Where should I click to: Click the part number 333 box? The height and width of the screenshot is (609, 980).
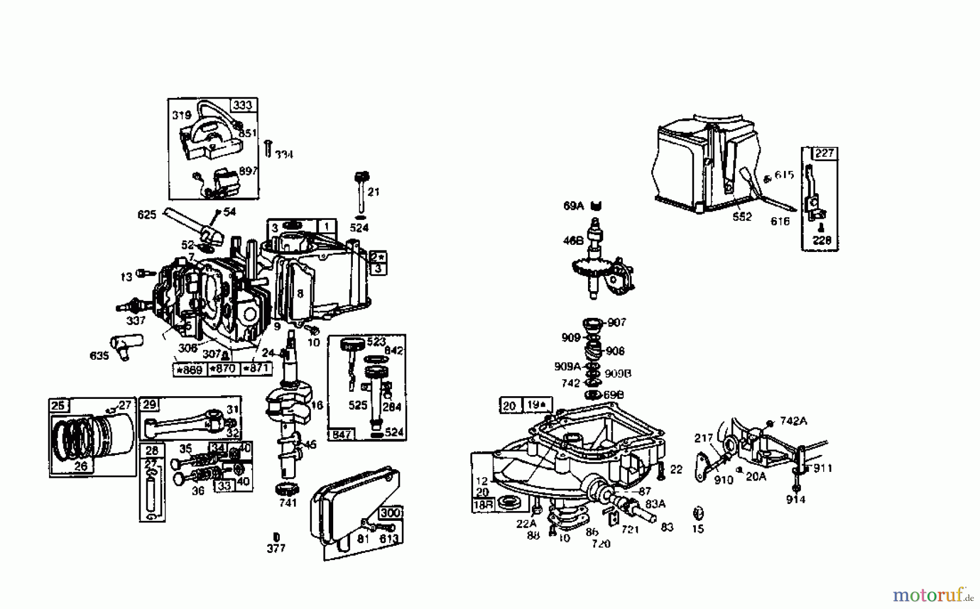pyautogui.click(x=243, y=105)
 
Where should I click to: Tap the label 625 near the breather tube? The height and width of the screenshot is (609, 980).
pyautogui.click(x=147, y=215)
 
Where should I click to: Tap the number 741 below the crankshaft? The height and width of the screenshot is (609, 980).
pyautogui.click(x=288, y=503)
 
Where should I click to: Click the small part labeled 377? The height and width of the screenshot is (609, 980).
pyautogui.click(x=276, y=537)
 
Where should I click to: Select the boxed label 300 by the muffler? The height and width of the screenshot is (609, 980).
pyautogui.click(x=390, y=513)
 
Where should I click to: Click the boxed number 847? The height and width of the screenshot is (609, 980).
pyautogui.click(x=341, y=434)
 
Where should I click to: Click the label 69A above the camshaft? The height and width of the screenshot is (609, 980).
pyautogui.click(x=573, y=206)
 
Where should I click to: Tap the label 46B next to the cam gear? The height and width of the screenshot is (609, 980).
pyautogui.click(x=573, y=241)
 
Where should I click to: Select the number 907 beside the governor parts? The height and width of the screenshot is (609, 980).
pyautogui.click(x=617, y=322)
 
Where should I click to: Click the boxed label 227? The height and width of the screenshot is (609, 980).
pyautogui.click(x=824, y=153)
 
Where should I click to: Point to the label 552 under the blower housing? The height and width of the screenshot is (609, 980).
pyautogui.click(x=742, y=217)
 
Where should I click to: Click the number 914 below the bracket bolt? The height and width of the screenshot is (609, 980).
pyautogui.click(x=795, y=499)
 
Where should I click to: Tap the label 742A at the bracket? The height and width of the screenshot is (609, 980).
pyautogui.click(x=793, y=421)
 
